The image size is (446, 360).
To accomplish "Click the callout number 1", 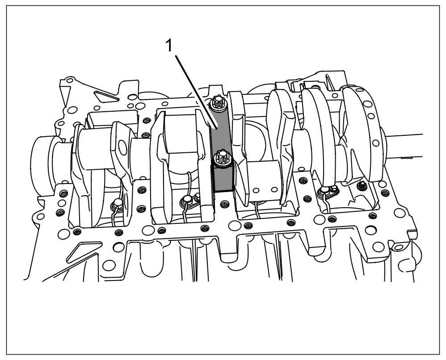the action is (x=169, y=46).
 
